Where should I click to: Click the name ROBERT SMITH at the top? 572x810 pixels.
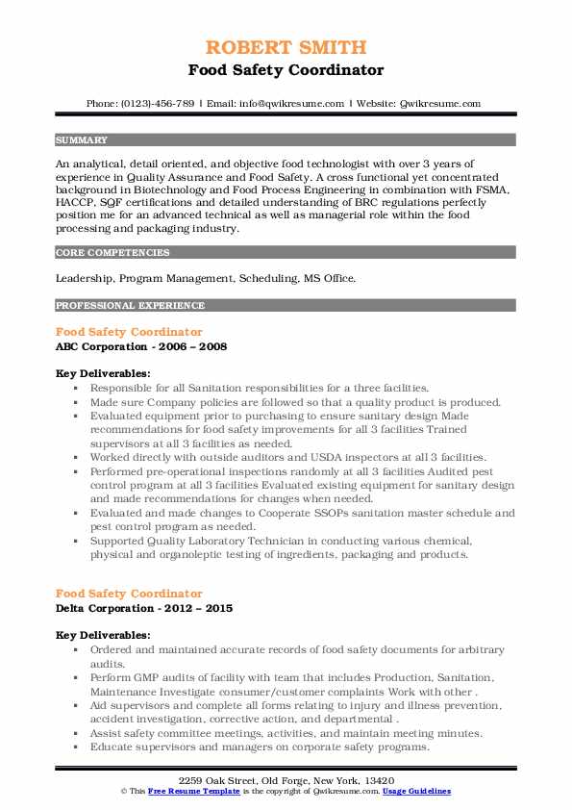pos(286,48)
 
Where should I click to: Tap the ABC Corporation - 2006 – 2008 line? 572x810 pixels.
pos(141,346)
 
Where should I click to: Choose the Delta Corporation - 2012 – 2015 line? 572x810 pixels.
pos(144,609)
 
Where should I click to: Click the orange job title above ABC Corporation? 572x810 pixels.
pos(129,332)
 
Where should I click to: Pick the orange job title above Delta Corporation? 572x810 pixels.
pos(129,595)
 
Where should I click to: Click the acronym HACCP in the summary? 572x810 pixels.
pos(77,204)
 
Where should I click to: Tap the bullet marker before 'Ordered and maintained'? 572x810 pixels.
pos(75,650)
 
